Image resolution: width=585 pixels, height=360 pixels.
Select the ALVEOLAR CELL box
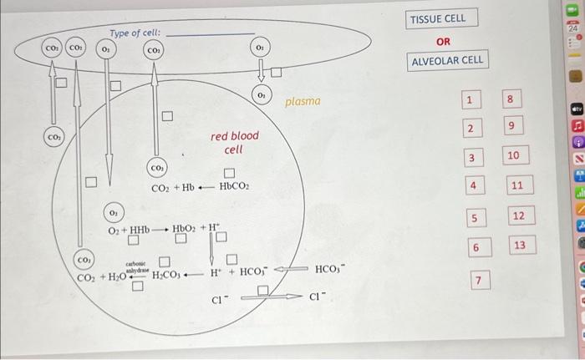point(447,61)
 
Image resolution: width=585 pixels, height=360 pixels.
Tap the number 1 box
point(471,101)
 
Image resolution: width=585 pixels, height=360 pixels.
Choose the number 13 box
point(519,245)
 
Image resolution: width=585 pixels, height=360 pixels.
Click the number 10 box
point(513,156)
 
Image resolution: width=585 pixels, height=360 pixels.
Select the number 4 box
point(473,185)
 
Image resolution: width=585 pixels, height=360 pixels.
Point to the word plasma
point(303,102)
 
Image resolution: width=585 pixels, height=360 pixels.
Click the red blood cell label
point(235,142)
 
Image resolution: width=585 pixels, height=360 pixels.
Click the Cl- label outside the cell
point(316,297)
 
